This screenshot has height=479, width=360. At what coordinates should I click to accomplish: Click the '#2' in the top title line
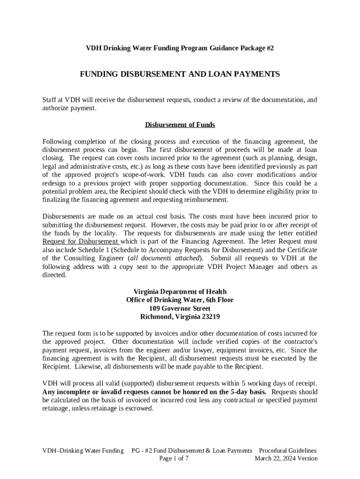point(269,49)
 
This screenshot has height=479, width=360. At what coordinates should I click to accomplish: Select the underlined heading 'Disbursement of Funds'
point(180,125)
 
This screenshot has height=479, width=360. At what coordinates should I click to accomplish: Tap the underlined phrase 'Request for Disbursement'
point(81,241)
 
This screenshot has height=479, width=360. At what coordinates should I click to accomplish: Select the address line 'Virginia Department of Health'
point(180,291)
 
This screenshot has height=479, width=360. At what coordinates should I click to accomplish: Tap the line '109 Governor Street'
point(180,308)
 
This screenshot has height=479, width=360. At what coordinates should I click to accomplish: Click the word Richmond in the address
point(156,317)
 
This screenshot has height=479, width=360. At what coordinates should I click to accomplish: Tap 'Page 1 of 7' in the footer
point(174,458)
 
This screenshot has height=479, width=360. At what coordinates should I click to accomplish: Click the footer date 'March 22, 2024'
point(277,458)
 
